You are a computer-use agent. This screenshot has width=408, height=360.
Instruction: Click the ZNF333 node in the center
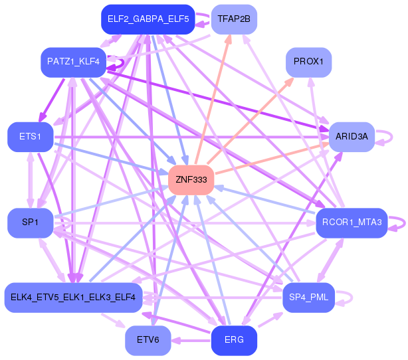(191, 180)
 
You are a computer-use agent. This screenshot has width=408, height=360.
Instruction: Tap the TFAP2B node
(234, 19)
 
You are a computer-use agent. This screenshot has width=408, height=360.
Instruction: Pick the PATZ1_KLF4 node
(73, 62)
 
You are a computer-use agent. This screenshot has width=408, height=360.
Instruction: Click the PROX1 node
(308, 62)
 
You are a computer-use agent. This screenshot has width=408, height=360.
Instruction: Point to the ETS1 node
(30, 137)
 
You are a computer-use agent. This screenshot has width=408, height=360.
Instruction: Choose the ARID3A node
(352, 137)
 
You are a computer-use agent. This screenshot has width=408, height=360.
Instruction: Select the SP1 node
(30, 223)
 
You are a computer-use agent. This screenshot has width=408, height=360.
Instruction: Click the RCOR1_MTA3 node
(352, 223)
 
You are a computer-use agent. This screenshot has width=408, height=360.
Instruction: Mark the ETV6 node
(148, 340)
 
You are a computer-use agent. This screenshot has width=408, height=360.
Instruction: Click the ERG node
(234, 340)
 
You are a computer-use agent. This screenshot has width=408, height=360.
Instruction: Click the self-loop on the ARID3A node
(387, 137)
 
